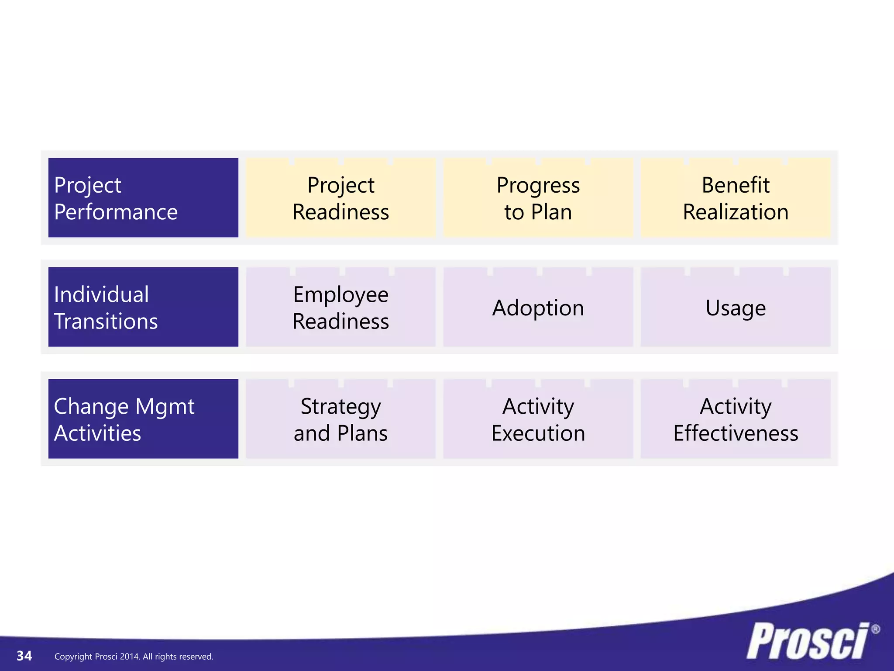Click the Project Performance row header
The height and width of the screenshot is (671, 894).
[143, 197]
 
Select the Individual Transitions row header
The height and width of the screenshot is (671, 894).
[143, 307]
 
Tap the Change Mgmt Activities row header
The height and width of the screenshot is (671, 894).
[143, 419]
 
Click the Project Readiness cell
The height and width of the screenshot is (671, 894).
[340, 197]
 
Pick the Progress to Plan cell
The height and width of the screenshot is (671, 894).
[538, 197]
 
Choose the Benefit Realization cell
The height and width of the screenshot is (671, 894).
[736, 197]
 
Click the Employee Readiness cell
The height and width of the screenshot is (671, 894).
[340, 307]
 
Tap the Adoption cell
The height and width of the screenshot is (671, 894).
[538, 307]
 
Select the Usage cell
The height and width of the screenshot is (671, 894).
[736, 307]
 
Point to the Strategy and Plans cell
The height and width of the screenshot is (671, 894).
[340, 419]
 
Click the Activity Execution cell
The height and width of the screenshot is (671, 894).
[538, 419]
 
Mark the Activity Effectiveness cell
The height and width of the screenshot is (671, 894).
[736, 419]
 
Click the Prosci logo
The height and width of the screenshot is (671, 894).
[808, 641]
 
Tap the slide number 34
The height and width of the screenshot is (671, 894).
[24, 656]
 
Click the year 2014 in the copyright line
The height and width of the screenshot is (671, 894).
[129, 657]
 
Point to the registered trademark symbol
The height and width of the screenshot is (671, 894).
[875, 629]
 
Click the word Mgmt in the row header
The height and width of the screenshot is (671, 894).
[165, 406]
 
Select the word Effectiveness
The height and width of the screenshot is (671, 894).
[736, 433]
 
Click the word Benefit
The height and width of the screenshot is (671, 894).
[736, 185]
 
